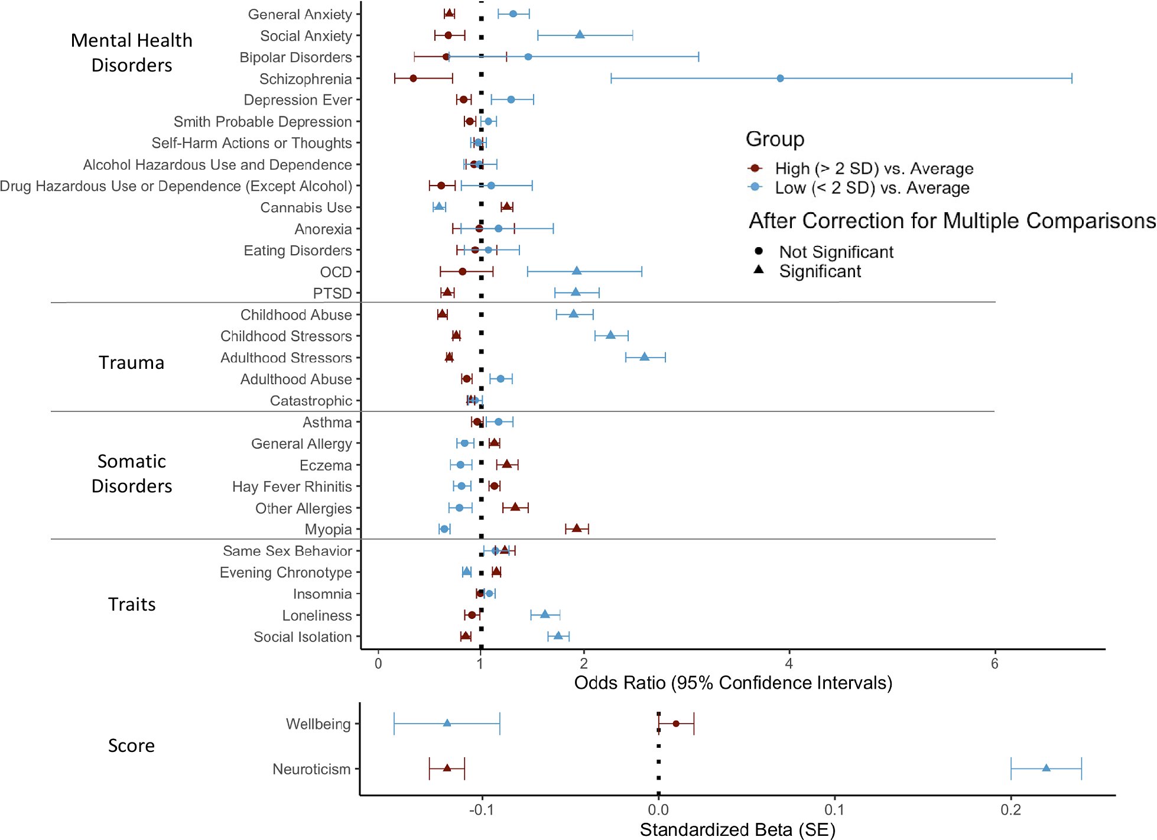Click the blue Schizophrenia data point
tap(780, 78)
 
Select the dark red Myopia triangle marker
tap(577, 528)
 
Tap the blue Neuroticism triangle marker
tap(1046, 768)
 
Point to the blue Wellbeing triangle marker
tap(447, 723)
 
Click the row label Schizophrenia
tap(305, 79)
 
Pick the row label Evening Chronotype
tap(285, 572)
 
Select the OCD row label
tap(336, 272)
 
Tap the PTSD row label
tap(332, 293)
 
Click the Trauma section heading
tap(131, 362)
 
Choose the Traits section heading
tap(131, 604)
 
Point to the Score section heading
tap(131, 745)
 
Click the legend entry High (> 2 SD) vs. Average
tap(874, 168)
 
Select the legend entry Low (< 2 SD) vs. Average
tap(872, 188)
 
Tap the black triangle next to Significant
tap(759, 270)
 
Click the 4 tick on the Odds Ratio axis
tap(789, 663)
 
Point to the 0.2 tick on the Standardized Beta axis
tap(1010, 810)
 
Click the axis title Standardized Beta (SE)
tap(737, 830)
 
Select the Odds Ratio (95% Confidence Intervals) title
tap(733, 683)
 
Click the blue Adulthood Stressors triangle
tap(645, 356)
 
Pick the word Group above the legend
tap(775, 139)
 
